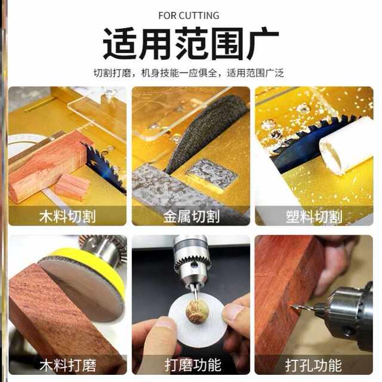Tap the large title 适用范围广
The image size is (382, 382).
[190, 44]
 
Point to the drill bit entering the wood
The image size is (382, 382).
[301, 307]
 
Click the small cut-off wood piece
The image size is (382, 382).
[72, 187]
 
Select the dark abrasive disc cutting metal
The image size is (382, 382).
[203, 131]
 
